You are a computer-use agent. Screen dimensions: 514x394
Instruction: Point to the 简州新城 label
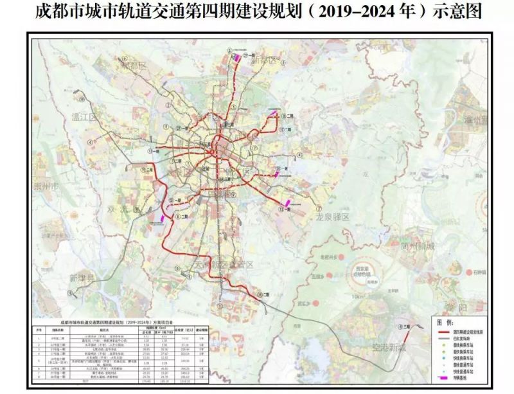pyautogui.click(x=418, y=247)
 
